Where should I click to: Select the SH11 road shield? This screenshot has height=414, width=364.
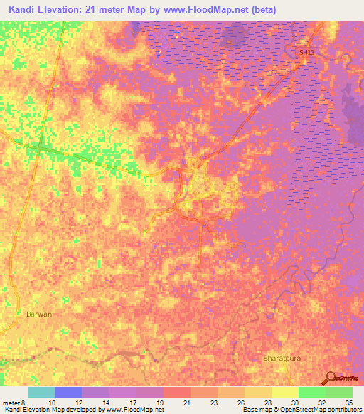306,53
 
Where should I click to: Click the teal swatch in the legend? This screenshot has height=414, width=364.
42,392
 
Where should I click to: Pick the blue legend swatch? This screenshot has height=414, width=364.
69,392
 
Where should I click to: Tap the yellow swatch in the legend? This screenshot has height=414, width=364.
285,392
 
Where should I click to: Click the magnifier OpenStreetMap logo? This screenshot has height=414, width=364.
332,377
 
